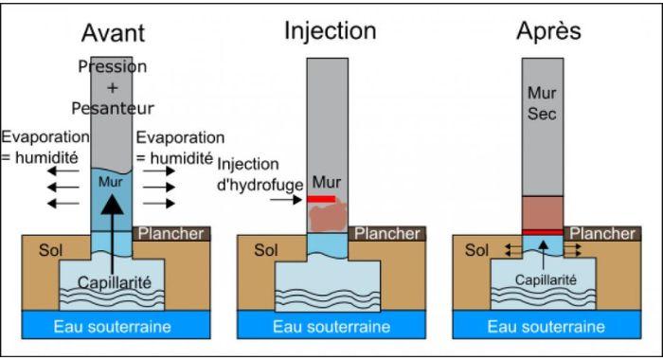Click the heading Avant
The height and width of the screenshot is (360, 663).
[114, 32]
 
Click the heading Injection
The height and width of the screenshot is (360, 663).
[330, 30]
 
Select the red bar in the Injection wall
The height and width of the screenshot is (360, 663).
[322, 199]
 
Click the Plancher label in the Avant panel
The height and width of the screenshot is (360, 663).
[171, 233]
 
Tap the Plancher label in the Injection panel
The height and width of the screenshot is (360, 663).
[386, 233]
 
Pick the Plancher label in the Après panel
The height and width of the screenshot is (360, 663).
[602, 233]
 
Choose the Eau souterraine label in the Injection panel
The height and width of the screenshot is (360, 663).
[330, 326]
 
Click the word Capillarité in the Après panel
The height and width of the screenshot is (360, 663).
[546, 280]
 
